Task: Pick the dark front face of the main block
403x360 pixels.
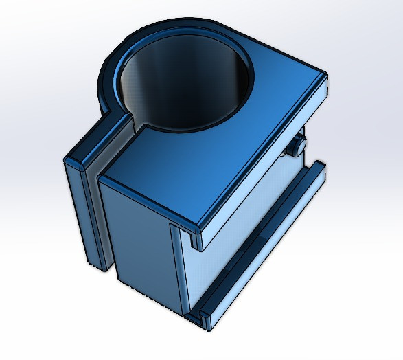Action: pyautogui.click(x=141, y=240)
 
